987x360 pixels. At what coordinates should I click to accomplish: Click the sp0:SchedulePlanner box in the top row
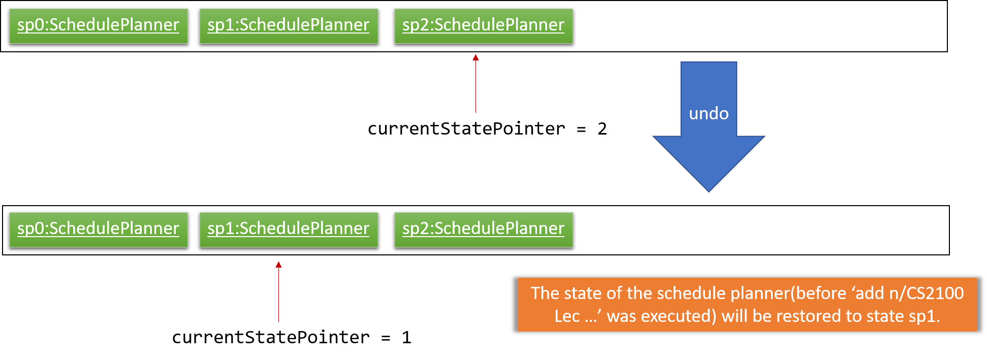click(99, 26)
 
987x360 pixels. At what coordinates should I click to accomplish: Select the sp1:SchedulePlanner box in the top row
click(289, 26)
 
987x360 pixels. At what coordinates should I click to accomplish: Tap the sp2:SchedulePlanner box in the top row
click(484, 26)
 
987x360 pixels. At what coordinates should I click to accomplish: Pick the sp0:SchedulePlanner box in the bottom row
click(99, 230)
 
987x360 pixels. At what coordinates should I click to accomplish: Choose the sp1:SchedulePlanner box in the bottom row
click(289, 230)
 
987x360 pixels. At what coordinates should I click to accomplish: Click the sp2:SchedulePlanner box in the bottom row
click(484, 230)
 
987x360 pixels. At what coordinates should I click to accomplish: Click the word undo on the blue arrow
click(709, 113)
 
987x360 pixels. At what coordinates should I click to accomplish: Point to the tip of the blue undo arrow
click(709, 192)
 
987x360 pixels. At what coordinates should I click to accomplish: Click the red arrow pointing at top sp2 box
click(475, 84)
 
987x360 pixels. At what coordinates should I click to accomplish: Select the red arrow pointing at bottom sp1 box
click(278, 291)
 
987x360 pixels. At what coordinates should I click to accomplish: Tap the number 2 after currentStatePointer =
click(602, 129)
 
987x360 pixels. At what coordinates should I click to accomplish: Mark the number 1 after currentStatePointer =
click(406, 338)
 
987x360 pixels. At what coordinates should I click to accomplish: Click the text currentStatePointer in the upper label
click(466, 129)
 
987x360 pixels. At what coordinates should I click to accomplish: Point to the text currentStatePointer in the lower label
click(271, 338)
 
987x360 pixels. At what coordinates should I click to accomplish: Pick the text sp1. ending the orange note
click(925, 316)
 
